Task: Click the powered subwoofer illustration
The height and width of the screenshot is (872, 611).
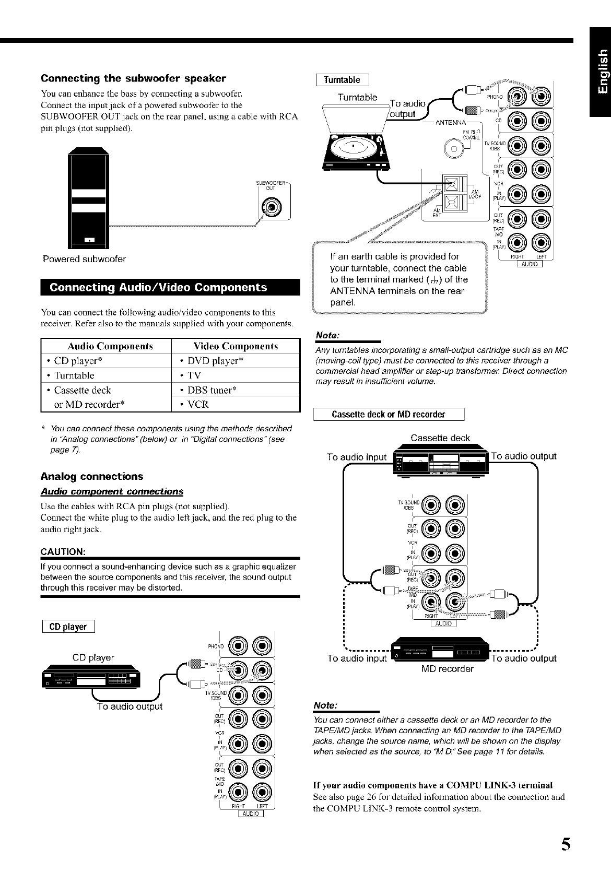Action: [89, 198]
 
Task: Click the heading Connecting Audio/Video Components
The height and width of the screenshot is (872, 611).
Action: [158, 288]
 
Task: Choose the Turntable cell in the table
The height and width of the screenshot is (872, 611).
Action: [74, 375]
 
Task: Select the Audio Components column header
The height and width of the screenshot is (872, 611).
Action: [110, 346]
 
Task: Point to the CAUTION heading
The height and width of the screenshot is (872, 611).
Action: [63, 552]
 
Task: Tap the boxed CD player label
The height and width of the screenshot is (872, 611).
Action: [68, 627]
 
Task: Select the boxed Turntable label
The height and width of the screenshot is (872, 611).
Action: [342, 80]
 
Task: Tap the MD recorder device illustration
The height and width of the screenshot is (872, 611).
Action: [439, 650]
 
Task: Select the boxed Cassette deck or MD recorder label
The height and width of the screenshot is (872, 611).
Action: [389, 415]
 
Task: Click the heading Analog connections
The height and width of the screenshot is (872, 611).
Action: [92, 476]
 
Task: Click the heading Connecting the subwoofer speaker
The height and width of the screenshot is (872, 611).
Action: [133, 79]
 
